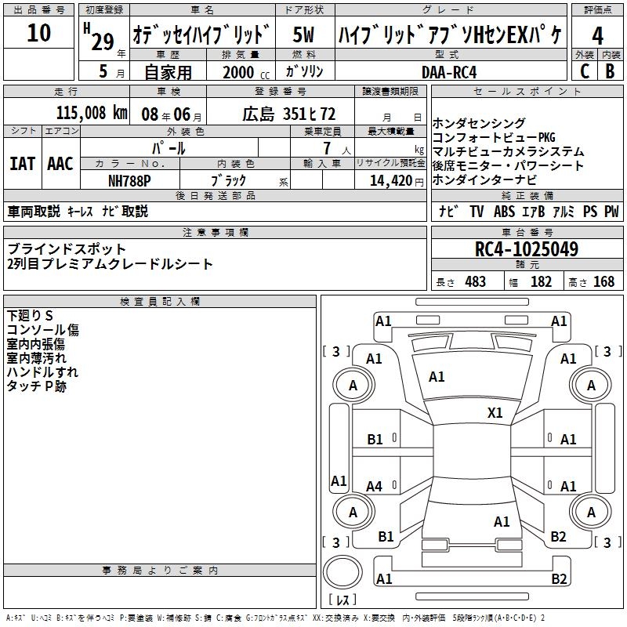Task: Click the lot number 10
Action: coord(38,32)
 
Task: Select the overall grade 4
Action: coord(597,36)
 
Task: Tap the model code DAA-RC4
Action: coord(449,72)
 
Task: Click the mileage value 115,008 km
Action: coord(92,113)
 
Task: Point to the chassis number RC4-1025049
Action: coord(527,249)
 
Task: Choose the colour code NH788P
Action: coord(129,181)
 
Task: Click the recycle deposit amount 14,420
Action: coord(391,181)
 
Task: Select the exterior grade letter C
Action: coord(585,71)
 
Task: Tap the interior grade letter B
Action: coord(610,71)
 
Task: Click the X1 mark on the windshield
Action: coord(495,412)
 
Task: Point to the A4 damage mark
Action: coord(375,486)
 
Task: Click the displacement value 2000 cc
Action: coord(246,73)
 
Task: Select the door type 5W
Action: coord(303,34)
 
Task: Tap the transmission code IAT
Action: coord(23,164)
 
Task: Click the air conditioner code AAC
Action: coord(60,164)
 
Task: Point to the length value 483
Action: coord(476,281)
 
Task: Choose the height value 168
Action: coord(603,281)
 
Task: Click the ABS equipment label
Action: coord(504,211)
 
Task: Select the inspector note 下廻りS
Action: coord(30,316)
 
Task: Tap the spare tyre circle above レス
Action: coord(342,572)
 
